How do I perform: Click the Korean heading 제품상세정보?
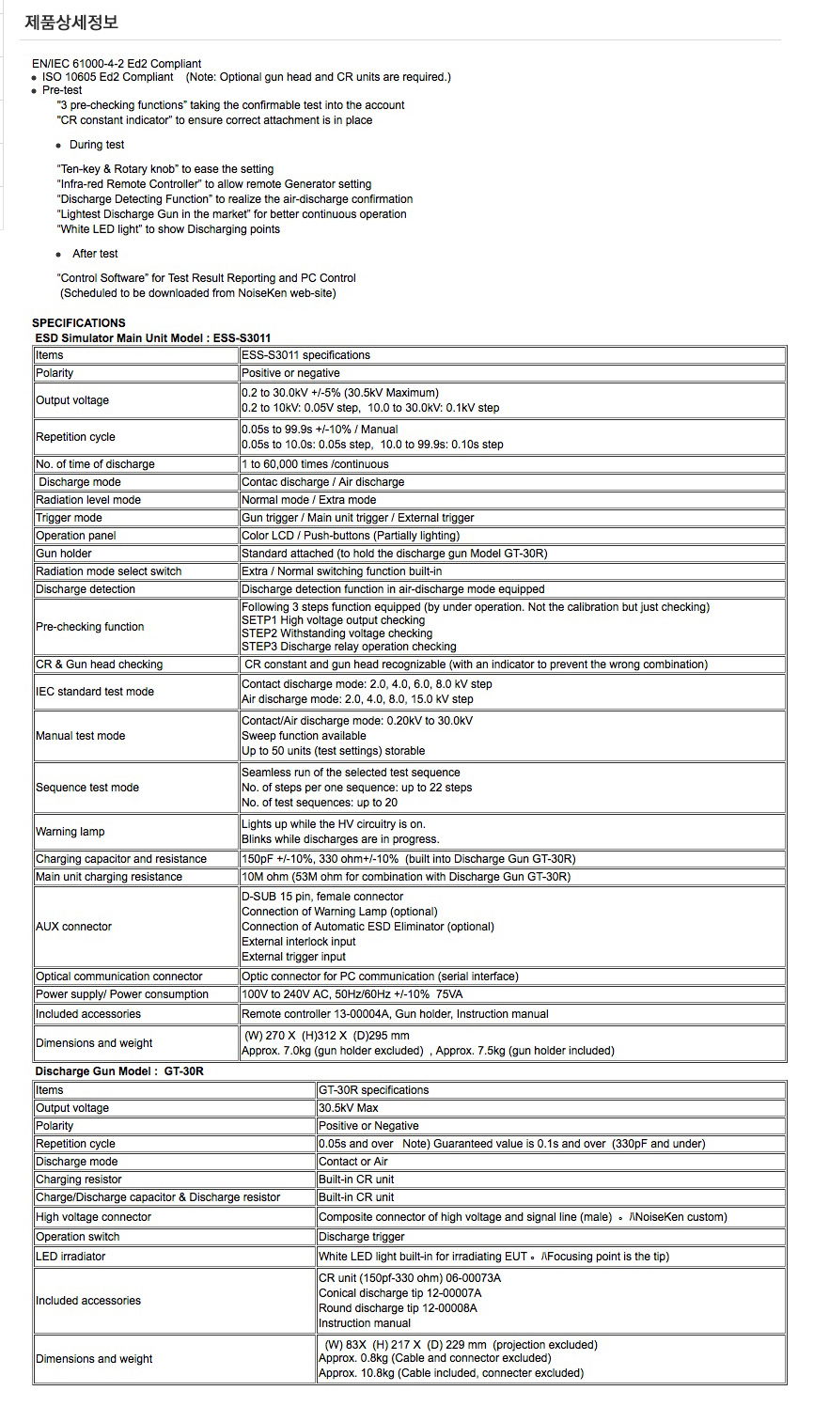pyautogui.click(x=71, y=22)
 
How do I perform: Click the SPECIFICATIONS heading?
pyautogui.click(x=79, y=323)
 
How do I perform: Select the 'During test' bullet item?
pyautogui.click(x=97, y=145)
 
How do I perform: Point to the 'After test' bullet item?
pyautogui.click(x=95, y=254)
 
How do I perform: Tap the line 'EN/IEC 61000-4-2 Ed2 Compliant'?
pyautogui.click(x=117, y=64)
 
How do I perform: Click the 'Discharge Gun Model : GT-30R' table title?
pyautogui.click(x=119, y=1071)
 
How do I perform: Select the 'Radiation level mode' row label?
pyautogui.click(x=88, y=500)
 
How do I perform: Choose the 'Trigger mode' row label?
pyautogui.click(x=69, y=518)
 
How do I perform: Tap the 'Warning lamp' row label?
pyautogui.click(x=70, y=832)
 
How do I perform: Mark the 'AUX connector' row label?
pyautogui.click(x=73, y=927)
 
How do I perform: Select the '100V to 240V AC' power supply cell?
pyautogui.click(x=352, y=994)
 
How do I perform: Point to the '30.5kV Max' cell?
pyautogui.click(x=349, y=1108)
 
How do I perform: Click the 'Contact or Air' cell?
pyautogui.click(x=353, y=1162)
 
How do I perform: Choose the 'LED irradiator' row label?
pyautogui.click(x=70, y=1257)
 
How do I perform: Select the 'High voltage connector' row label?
pyautogui.click(x=93, y=1217)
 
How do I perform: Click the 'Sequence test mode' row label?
pyautogui.click(x=87, y=788)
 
